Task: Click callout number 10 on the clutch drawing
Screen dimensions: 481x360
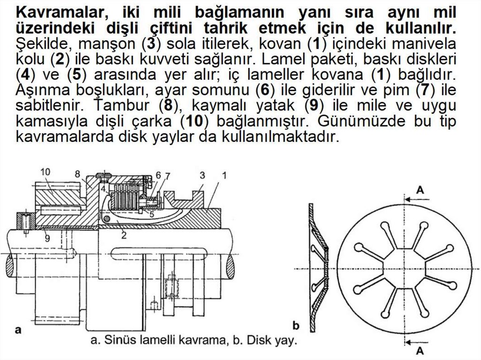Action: coord(45,172)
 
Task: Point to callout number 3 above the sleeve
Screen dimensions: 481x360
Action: coord(202,175)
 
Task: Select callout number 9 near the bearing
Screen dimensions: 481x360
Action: coord(47,238)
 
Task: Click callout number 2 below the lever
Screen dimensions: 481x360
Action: coord(123,236)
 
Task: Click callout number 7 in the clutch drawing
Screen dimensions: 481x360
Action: coord(168,176)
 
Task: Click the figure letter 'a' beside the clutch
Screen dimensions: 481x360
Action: coord(18,330)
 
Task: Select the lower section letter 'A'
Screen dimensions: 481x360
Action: coord(420,350)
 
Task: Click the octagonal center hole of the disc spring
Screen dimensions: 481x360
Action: coord(404,268)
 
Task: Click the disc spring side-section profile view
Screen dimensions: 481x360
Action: coord(318,266)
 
